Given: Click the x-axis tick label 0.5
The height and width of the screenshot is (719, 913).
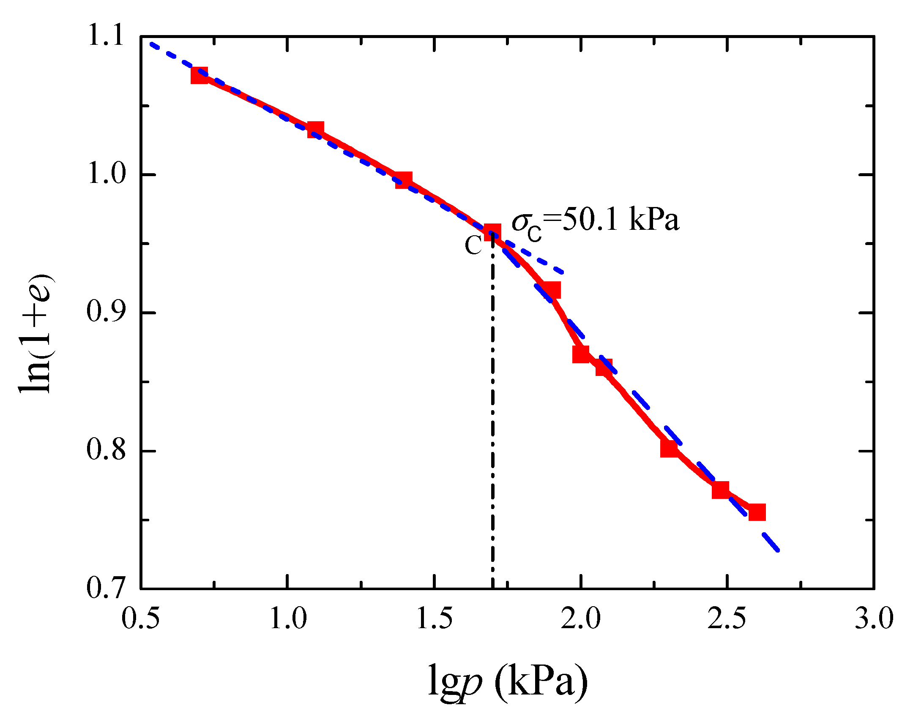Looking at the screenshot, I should click(141, 619).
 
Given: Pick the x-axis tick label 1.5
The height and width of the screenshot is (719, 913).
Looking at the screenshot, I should click(434, 619).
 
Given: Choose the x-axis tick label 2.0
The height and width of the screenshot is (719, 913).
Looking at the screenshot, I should click(581, 619).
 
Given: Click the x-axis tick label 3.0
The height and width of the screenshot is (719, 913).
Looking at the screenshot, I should click(874, 619).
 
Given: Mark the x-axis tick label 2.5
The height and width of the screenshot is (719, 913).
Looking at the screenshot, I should click(727, 619).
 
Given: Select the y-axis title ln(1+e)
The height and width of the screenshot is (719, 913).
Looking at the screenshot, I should click(36, 334).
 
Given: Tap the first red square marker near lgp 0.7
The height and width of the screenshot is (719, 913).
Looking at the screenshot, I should click(200, 76).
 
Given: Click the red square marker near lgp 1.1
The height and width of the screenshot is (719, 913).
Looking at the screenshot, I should click(316, 130).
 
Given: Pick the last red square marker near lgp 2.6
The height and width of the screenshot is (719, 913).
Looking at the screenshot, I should click(757, 512).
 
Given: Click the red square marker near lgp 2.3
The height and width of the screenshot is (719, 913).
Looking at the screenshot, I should click(669, 449).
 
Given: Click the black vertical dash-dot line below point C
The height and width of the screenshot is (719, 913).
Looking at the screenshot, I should click(493, 422).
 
